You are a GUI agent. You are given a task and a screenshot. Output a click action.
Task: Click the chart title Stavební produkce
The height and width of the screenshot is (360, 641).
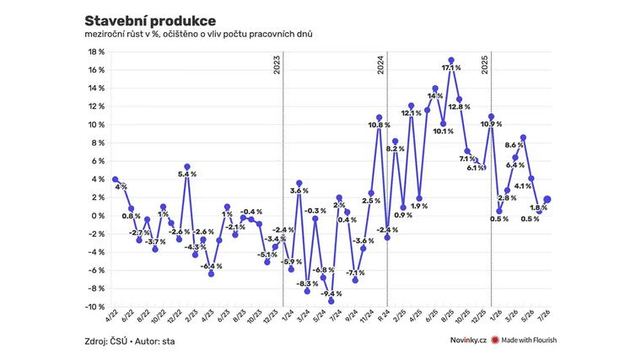coord(150,21)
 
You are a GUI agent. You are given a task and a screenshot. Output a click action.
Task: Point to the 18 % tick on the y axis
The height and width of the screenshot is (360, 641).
coord(96,52)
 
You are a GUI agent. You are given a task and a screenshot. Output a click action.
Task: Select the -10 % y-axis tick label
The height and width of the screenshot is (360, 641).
coord(94,307)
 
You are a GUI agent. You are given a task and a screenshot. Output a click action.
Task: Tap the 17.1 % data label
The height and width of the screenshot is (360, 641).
coord(451,67)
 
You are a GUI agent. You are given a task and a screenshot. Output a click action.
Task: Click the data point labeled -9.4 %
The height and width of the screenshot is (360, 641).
coord(331,301)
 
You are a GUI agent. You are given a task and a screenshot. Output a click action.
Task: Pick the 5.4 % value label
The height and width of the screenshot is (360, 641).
coord(187,174)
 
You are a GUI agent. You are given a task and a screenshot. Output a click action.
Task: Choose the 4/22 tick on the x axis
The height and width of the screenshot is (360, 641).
coord(112,316)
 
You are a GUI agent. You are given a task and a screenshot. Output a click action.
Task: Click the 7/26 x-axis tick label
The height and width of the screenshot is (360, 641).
coord(545,316)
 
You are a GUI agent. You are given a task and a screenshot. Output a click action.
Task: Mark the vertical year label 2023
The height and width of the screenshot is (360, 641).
coord(277,65)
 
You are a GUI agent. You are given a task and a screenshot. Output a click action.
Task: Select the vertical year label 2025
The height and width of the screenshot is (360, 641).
coord(485,65)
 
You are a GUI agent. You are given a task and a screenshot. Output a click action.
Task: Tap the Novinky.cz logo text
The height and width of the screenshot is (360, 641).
coord(468,340)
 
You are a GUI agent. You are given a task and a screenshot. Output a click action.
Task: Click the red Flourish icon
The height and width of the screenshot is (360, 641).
coord(495,340)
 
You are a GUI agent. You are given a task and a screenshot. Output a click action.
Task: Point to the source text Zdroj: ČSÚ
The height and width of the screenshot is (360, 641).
coord(106,341)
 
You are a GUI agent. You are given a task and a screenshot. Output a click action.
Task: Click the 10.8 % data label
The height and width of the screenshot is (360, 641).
coord(379,125)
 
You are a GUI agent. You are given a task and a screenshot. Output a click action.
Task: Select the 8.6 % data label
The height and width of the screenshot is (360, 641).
coord(514,145)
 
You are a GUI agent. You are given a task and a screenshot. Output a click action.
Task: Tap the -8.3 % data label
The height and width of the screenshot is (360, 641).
coord(307,283)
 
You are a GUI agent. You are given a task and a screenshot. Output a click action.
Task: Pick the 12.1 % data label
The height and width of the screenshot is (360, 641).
coord(412,113)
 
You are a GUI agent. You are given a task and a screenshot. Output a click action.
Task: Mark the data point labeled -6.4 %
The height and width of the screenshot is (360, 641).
coord(211,274)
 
